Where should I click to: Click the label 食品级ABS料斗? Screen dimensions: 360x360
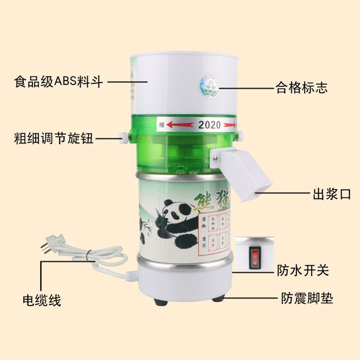pos(59,83)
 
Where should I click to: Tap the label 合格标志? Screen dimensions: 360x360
pos(301,87)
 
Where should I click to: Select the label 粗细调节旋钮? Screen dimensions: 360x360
pos(54,138)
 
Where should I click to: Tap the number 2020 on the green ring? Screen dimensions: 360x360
pos(210,125)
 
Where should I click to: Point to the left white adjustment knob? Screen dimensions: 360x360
pos(122,137)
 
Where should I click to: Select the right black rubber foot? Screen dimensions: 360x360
pos(217,298)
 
